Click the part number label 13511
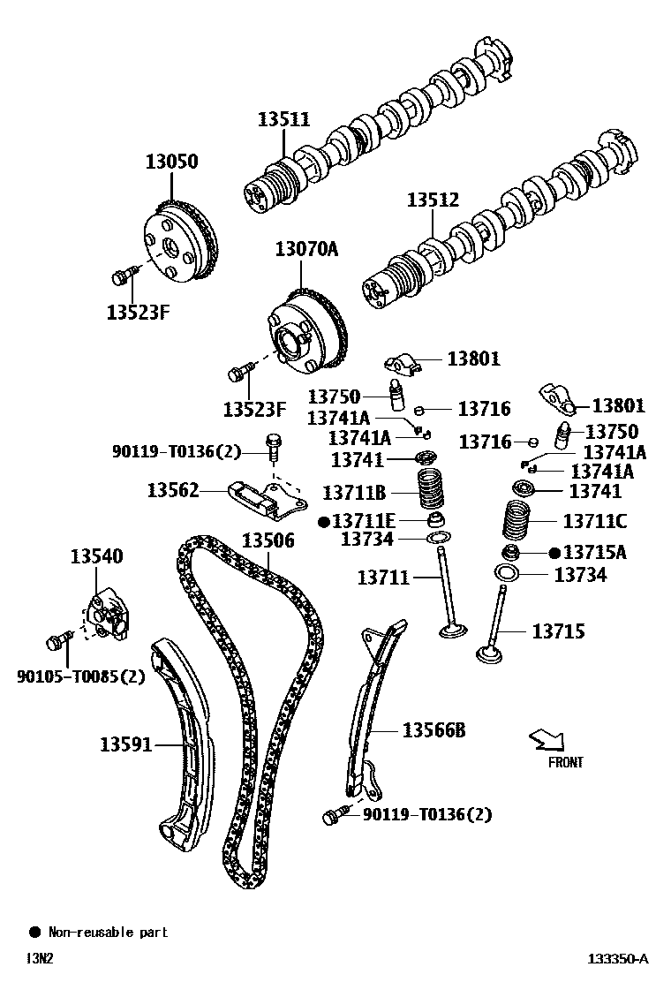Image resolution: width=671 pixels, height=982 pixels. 283,120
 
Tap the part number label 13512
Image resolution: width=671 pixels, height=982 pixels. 433,200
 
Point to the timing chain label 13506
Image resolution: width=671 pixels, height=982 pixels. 268,540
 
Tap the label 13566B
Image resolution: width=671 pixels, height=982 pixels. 434,729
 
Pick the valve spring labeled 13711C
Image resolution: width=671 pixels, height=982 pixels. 519,520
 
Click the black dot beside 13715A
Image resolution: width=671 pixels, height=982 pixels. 554,553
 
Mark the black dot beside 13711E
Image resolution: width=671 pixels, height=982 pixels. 323,521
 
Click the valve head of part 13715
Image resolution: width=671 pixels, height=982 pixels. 490,654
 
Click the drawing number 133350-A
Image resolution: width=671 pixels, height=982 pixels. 619,958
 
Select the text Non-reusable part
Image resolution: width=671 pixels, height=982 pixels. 108,932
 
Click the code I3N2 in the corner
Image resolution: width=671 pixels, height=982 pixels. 40,958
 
